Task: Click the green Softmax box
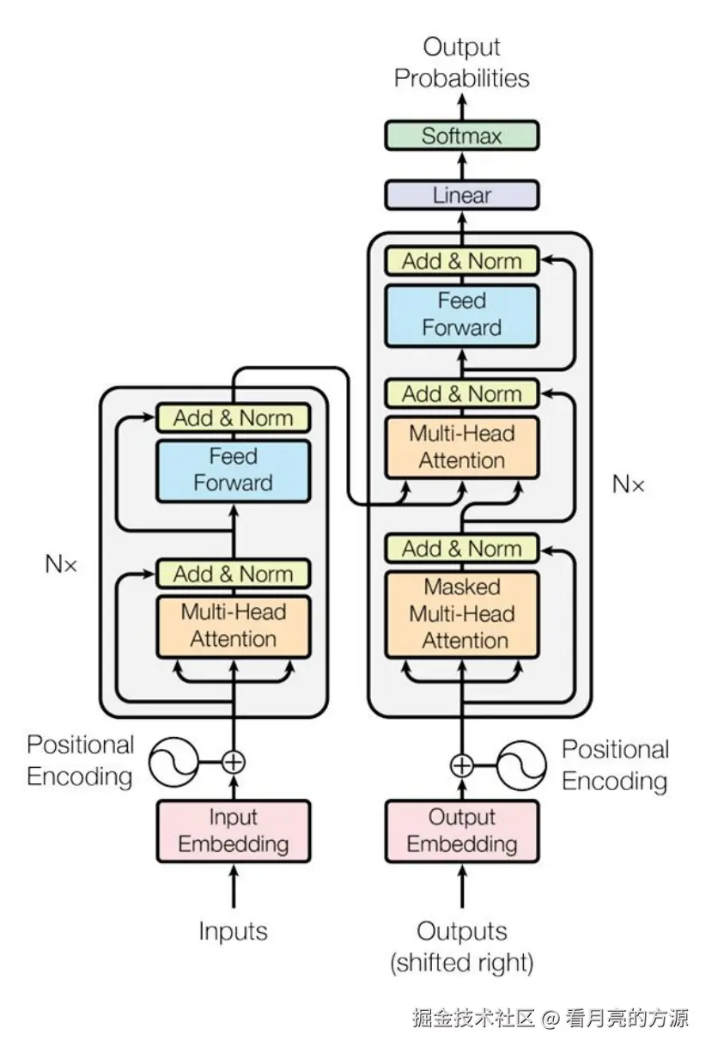coord(461,136)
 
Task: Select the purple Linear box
coord(461,195)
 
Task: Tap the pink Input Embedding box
coord(233,831)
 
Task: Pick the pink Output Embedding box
coord(462,831)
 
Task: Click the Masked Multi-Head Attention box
coord(461,614)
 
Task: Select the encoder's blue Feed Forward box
coord(233,471)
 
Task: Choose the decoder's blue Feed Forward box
coord(461,315)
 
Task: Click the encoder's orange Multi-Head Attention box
coord(233,626)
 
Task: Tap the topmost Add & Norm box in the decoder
coord(461,261)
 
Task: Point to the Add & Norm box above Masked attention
coord(461,548)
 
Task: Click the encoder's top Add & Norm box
coord(233,417)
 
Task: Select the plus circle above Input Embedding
coord(233,762)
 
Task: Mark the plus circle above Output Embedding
coord(462,766)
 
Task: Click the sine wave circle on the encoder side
coord(173,762)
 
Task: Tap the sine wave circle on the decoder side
coord(521,766)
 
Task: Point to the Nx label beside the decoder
coord(628,484)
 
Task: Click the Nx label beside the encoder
coord(61,563)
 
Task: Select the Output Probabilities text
coord(461,63)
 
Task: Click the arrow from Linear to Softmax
coord(462,166)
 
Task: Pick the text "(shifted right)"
coord(462,962)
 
